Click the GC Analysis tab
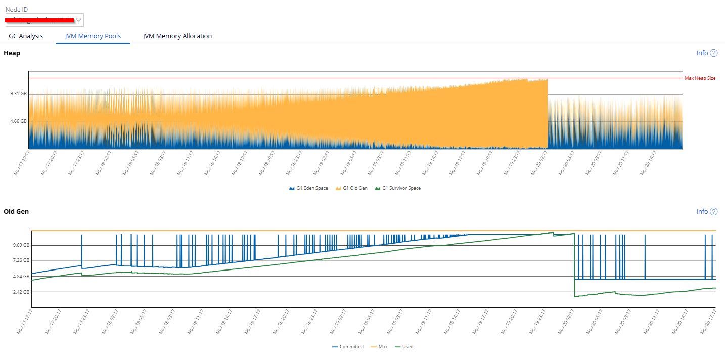pos(26,36)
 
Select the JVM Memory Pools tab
pos(93,36)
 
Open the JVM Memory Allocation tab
pos(177,36)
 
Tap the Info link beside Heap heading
pos(706,53)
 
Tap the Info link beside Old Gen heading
pos(706,212)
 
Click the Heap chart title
pos(12,53)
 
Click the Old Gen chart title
pos(16,212)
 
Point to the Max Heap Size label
pos(700,78)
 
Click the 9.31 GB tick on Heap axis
pos(18,94)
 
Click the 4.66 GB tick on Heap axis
pos(18,121)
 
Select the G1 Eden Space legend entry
pos(308,188)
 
